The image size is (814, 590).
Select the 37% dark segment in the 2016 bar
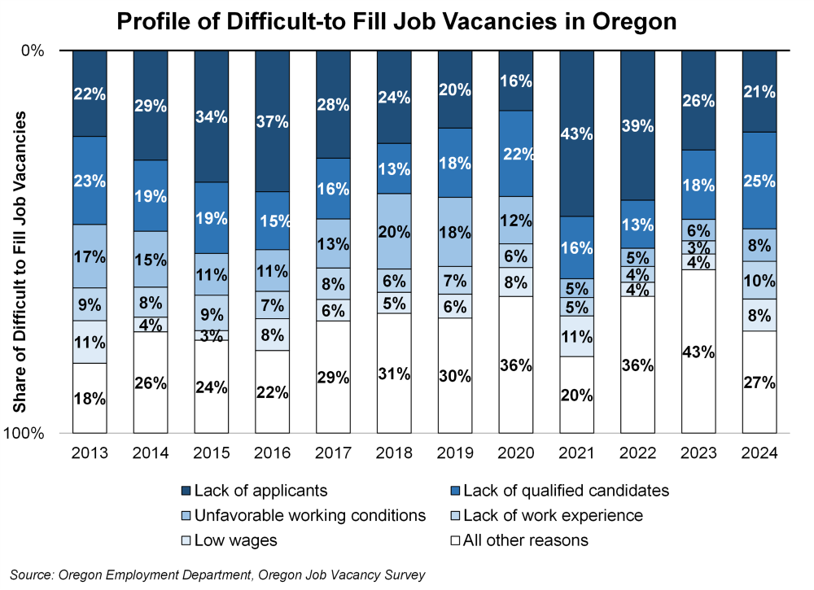pos(273,121)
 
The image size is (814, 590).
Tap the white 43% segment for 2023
pos(698,352)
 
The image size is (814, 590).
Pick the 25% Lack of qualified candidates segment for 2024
pos(759,181)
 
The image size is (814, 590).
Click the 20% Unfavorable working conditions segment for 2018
pos(394,231)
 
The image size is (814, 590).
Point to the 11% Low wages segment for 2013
pos(90,342)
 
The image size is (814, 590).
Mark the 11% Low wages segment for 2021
pos(577,336)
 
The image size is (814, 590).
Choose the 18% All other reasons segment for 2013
pos(90,398)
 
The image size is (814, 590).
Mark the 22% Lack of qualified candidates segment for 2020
pos(516,153)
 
